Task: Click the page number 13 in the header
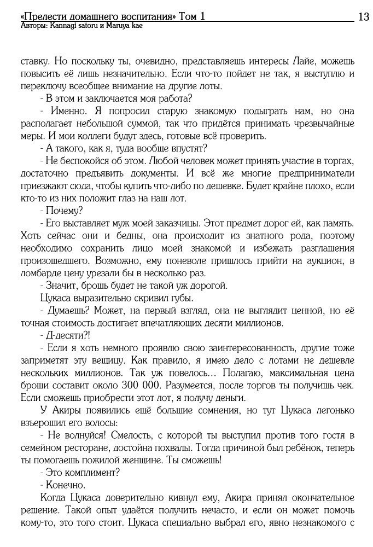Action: pos(363,17)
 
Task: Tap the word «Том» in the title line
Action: pos(189,17)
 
